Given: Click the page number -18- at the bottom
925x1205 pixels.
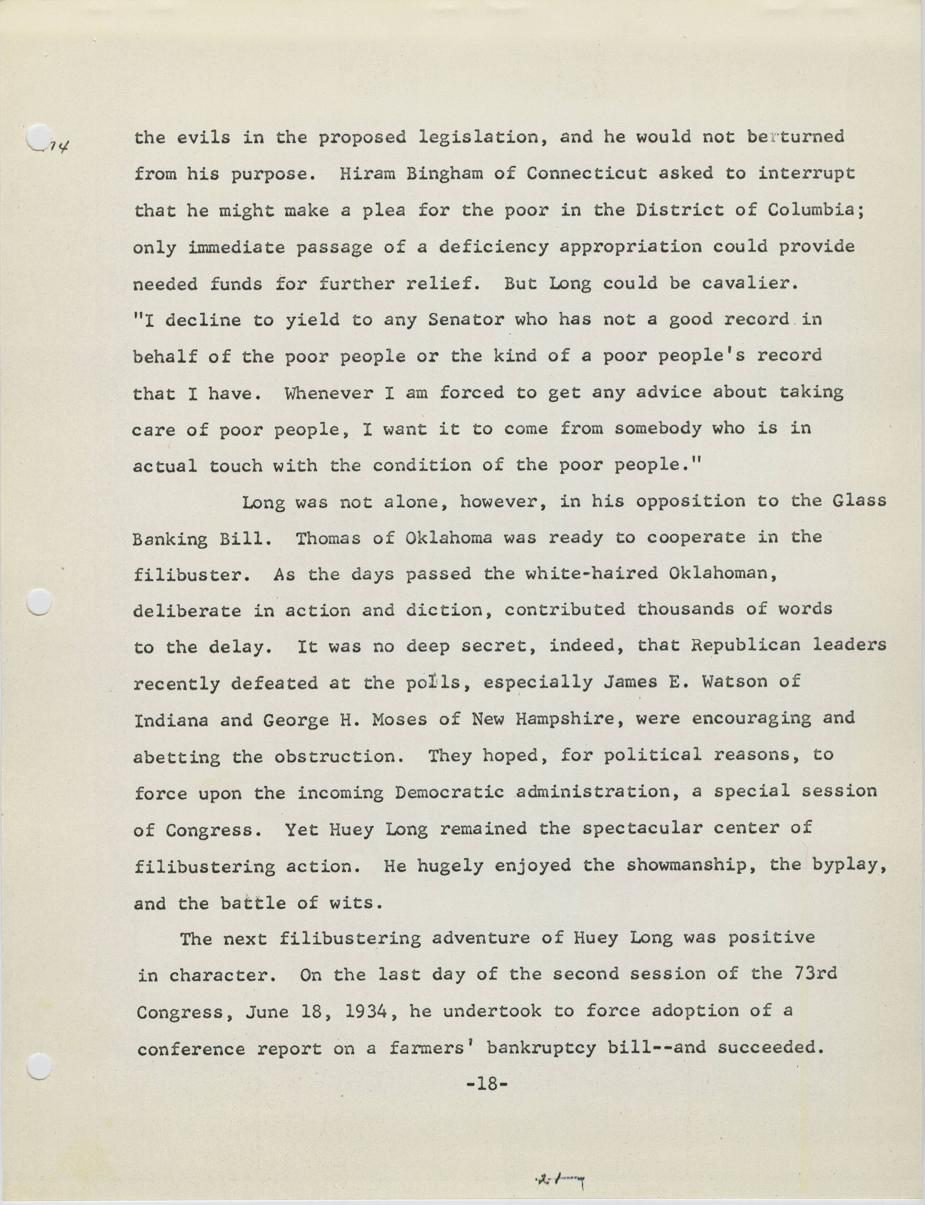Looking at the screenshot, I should pyautogui.click(x=486, y=1084).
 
